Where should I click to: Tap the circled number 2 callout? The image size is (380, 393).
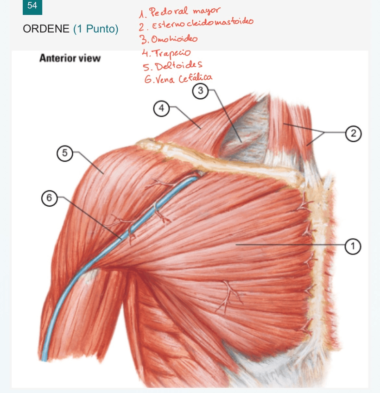(x=353, y=133)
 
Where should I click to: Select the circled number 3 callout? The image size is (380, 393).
(x=200, y=91)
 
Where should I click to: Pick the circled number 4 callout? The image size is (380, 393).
(x=161, y=108)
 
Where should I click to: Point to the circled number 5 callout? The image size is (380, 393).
(x=65, y=152)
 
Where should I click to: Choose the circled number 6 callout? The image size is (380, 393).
(x=49, y=199)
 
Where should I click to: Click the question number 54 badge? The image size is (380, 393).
(x=32, y=6)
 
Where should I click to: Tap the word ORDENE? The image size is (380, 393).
(x=46, y=29)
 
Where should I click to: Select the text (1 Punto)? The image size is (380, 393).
(x=96, y=29)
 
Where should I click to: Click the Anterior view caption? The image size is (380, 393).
(x=70, y=58)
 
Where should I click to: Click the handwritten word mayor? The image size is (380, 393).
(x=206, y=10)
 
